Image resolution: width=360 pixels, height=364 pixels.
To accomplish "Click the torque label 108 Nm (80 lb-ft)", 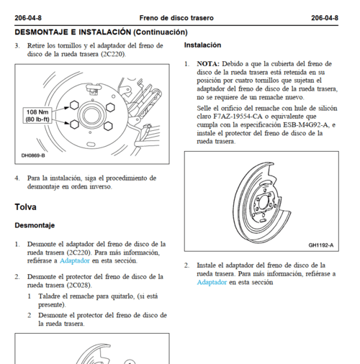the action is (37, 116).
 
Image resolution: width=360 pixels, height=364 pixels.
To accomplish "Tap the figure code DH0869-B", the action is (33, 155).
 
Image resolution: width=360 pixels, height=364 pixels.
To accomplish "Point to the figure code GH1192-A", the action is (321, 245).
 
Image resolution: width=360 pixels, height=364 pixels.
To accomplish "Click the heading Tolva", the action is (25, 207).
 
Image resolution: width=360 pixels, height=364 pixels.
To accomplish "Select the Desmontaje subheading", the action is (35, 225).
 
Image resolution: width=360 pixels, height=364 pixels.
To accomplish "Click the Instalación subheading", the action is (202, 45).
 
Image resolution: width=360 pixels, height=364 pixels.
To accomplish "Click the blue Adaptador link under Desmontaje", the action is (75, 260).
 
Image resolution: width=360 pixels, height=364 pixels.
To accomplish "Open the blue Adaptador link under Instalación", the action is (212, 282).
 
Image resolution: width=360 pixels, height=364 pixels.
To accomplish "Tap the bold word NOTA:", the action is (208, 64).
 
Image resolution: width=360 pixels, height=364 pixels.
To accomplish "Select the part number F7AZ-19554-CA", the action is (238, 117).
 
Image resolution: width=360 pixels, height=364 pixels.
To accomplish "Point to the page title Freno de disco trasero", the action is (176, 18).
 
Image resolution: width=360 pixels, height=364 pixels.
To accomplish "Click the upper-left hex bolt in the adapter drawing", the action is (74, 105).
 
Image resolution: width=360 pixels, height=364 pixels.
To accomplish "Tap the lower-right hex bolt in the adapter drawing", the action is (108, 126).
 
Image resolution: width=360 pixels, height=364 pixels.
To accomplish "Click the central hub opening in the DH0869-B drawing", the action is (91, 116).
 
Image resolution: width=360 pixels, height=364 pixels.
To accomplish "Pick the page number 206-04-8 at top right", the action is (325, 18).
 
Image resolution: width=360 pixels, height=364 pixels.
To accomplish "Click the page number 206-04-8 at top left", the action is (28, 18).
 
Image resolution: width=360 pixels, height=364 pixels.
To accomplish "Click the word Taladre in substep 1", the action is (49, 296).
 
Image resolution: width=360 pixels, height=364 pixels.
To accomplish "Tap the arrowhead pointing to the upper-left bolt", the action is (67, 108).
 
